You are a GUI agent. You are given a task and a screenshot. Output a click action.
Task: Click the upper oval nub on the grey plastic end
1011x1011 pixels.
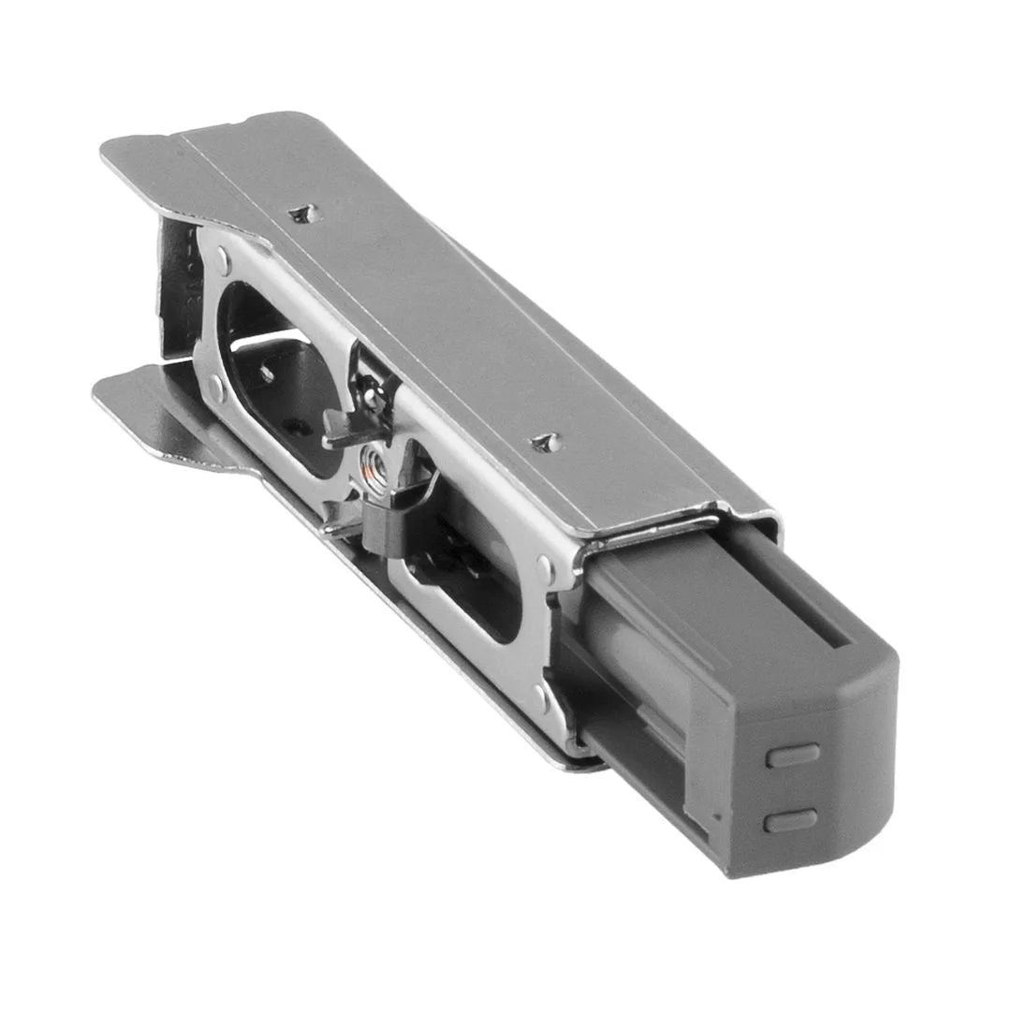tap(792, 755)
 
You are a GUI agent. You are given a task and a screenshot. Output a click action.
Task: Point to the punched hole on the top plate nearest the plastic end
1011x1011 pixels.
tap(546, 441)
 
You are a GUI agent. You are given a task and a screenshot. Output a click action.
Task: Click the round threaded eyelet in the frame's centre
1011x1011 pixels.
tap(373, 462)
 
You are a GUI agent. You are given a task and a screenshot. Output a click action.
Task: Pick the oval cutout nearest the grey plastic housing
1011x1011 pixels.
tap(468, 580)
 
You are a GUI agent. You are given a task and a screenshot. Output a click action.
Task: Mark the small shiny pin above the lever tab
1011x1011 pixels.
tap(373, 396)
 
